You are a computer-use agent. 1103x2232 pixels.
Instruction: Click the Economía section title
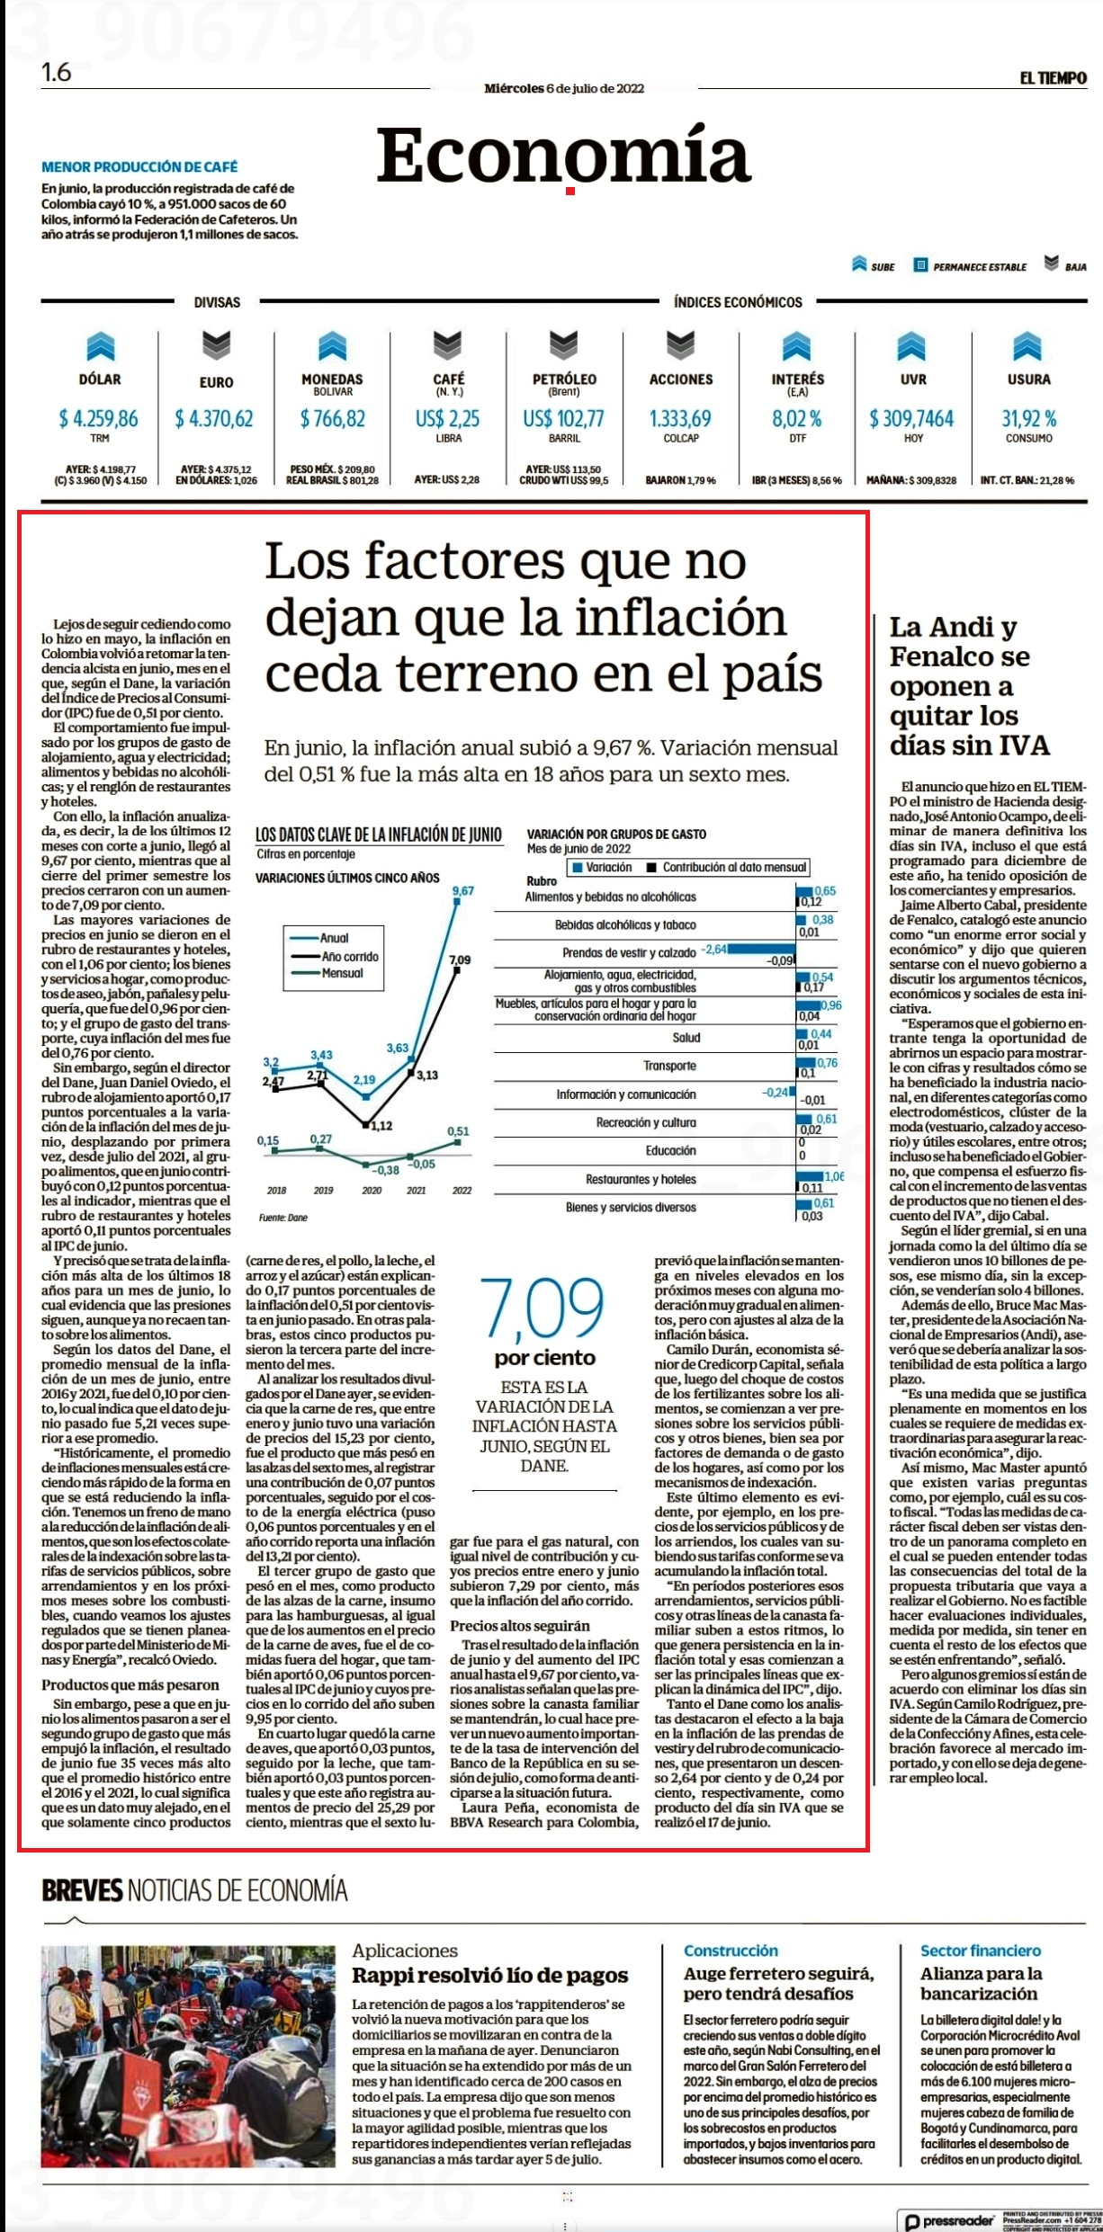563,156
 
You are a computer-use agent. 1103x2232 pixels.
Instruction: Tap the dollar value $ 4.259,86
99,418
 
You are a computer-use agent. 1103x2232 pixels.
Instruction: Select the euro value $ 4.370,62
215,418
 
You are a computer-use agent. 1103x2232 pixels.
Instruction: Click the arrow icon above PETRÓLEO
564,345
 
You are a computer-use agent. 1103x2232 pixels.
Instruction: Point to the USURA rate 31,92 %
1029,418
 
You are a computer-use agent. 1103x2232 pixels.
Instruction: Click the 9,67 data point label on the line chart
462,890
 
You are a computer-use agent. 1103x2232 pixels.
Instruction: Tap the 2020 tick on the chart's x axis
371,1190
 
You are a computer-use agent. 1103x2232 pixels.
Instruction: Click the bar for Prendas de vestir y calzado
762,949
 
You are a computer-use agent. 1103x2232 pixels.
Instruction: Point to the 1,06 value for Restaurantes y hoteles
834,1176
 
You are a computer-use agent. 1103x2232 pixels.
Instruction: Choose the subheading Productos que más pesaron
130,1684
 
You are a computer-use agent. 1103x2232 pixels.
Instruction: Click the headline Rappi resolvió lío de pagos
490,1975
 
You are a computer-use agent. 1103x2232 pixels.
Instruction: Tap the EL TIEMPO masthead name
1054,78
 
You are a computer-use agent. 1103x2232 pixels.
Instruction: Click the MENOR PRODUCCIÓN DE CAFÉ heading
140,166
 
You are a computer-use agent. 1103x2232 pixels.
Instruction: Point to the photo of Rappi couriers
188,2054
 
